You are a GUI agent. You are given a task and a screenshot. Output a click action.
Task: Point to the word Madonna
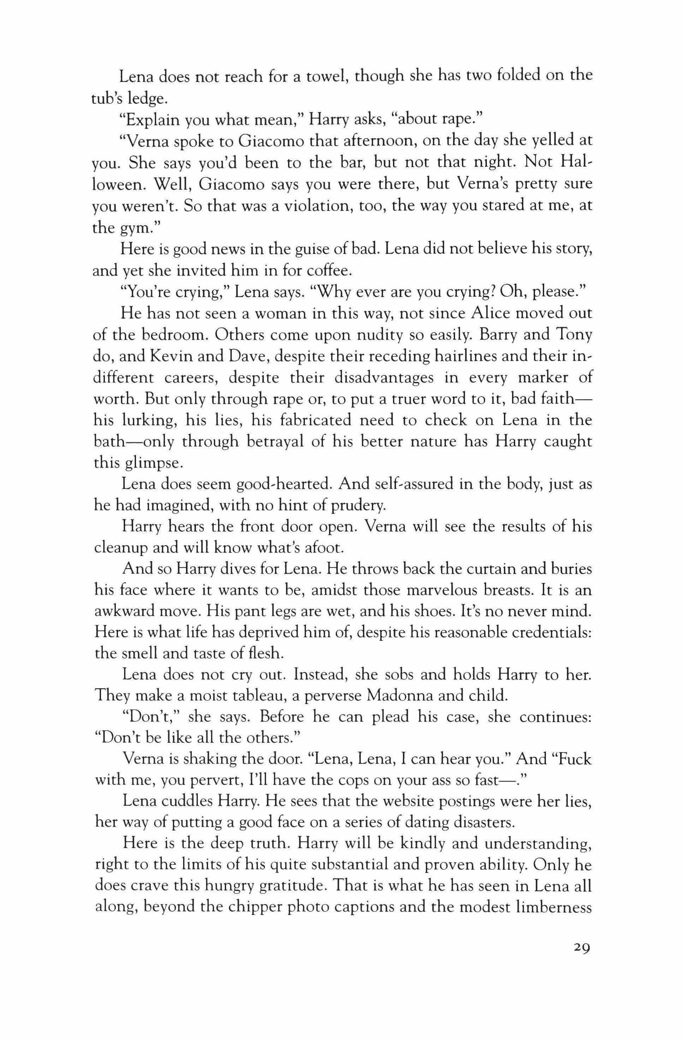click(x=400, y=696)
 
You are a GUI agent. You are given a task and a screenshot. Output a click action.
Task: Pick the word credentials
click(x=551, y=633)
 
